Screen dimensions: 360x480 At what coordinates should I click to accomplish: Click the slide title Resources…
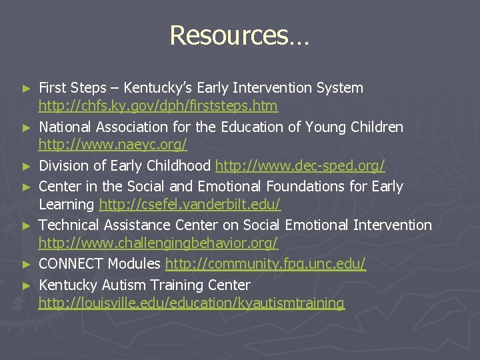[239, 35]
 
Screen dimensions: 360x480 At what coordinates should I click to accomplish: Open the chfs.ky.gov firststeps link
[158, 106]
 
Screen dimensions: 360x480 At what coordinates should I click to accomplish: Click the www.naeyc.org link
[112, 145]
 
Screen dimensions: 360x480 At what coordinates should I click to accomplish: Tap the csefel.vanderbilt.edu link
[190, 205]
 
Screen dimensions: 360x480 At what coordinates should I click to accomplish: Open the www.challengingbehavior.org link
[158, 244]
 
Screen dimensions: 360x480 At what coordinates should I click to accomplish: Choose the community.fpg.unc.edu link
[265, 264]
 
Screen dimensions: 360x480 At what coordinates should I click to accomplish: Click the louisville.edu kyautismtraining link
[191, 303]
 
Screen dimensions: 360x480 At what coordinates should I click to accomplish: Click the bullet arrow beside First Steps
[27, 88]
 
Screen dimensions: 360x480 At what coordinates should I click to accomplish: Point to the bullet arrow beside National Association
[27, 127]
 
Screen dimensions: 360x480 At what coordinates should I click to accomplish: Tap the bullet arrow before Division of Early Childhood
[27, 166]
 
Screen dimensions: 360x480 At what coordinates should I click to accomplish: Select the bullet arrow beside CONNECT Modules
[27, 265]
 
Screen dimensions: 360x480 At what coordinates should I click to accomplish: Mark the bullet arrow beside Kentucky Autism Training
[27, 285]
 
